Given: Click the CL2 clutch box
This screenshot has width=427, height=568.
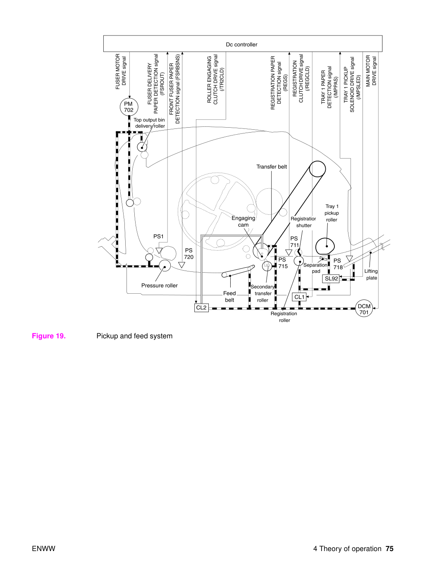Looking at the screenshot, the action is point(201,308).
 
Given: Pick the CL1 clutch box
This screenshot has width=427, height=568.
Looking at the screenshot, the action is point(299,297).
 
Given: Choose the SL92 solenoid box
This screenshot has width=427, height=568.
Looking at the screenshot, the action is point(332,278).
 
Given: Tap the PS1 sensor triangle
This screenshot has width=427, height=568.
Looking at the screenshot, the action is point(159,250).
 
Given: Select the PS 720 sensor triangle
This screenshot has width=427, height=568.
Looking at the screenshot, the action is point(182,265).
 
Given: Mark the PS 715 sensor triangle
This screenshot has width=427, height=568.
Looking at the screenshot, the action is point(289,252).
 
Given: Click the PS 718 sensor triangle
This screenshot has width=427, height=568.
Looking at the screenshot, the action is point(349,258).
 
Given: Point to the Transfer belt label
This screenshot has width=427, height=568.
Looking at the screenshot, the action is point(272,166).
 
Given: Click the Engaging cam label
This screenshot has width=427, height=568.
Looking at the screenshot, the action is point(243,221).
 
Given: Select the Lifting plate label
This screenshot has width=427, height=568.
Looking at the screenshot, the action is point(371,274).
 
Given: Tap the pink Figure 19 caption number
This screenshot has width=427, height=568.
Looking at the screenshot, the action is point(49,336).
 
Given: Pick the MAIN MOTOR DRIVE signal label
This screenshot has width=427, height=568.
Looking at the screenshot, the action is point(371,71).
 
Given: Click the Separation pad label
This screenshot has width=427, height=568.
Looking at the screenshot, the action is point(315,268).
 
